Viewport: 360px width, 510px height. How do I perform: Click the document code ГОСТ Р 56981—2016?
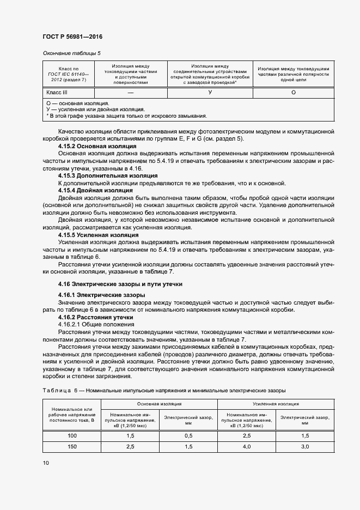point(72,37)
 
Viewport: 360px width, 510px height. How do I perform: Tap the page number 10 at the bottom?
point(45,463)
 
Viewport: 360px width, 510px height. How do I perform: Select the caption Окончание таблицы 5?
point(72,53)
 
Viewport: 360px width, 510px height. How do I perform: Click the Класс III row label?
point(57,93)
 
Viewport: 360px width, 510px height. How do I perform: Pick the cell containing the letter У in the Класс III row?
point(210,93)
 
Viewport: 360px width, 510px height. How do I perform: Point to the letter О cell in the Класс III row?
point(294,93)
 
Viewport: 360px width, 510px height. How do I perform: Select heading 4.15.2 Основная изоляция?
point(97,147)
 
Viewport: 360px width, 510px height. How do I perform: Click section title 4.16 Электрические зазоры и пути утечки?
point(120,284)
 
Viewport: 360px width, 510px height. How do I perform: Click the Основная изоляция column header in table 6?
point(160,404)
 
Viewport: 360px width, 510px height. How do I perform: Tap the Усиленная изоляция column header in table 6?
point(276,404)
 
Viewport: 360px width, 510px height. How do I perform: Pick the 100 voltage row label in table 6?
point(72,436)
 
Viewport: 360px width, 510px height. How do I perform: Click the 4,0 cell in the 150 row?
point(247,447)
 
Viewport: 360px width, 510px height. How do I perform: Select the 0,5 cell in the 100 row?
point(188,436)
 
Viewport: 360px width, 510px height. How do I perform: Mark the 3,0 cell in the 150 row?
point(305,447)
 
